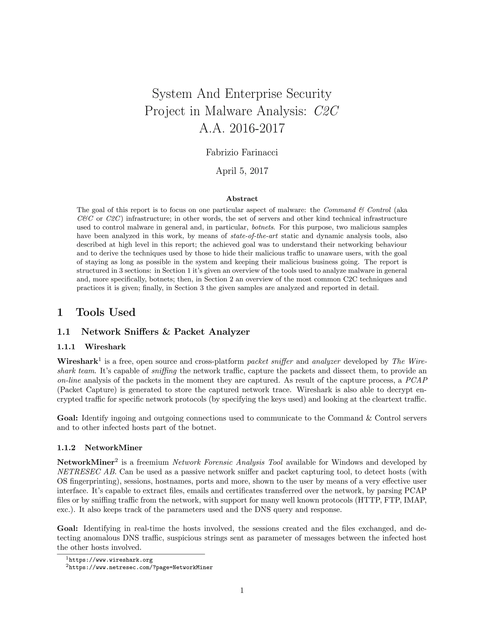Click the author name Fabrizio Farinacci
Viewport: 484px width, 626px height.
click(242, 153)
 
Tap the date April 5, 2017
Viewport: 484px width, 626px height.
click(242, 171)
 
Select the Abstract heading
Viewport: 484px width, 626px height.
click(242, 199)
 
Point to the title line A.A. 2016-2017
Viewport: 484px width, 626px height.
click(242, 128)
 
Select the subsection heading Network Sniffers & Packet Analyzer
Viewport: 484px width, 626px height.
click(165, 332)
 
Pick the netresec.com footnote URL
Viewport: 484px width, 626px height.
click(141, 567)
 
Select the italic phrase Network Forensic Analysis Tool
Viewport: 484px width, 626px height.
click(228, 462)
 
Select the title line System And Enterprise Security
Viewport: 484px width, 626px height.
click(242, 94)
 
